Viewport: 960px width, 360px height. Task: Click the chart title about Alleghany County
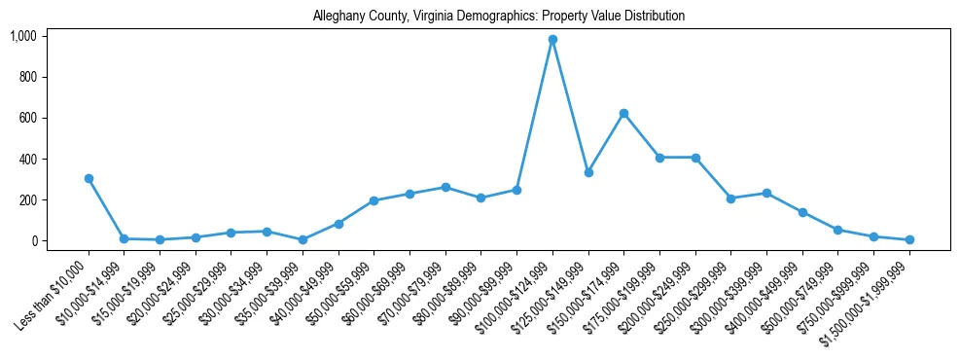[x=499, y=17]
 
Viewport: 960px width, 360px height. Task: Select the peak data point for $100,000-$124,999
[x=552, y=40]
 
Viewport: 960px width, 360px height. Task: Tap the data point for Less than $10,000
[x=89, y=178]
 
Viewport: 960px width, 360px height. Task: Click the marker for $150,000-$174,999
[x=623, y=113]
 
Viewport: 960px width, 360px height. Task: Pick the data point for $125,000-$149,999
[x=588, y=172]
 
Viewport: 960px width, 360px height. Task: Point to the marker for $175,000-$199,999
[x=659, y=158]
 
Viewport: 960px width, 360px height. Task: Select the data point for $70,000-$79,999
[x=445, y=187]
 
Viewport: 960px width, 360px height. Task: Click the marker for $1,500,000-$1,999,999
[x=909, y=239]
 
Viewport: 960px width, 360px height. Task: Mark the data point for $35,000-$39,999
[x=302, y=239]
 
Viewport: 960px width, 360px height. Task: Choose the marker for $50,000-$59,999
[x=374, y=200]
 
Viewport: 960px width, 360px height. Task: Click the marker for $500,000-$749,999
[x=837, y=230]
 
